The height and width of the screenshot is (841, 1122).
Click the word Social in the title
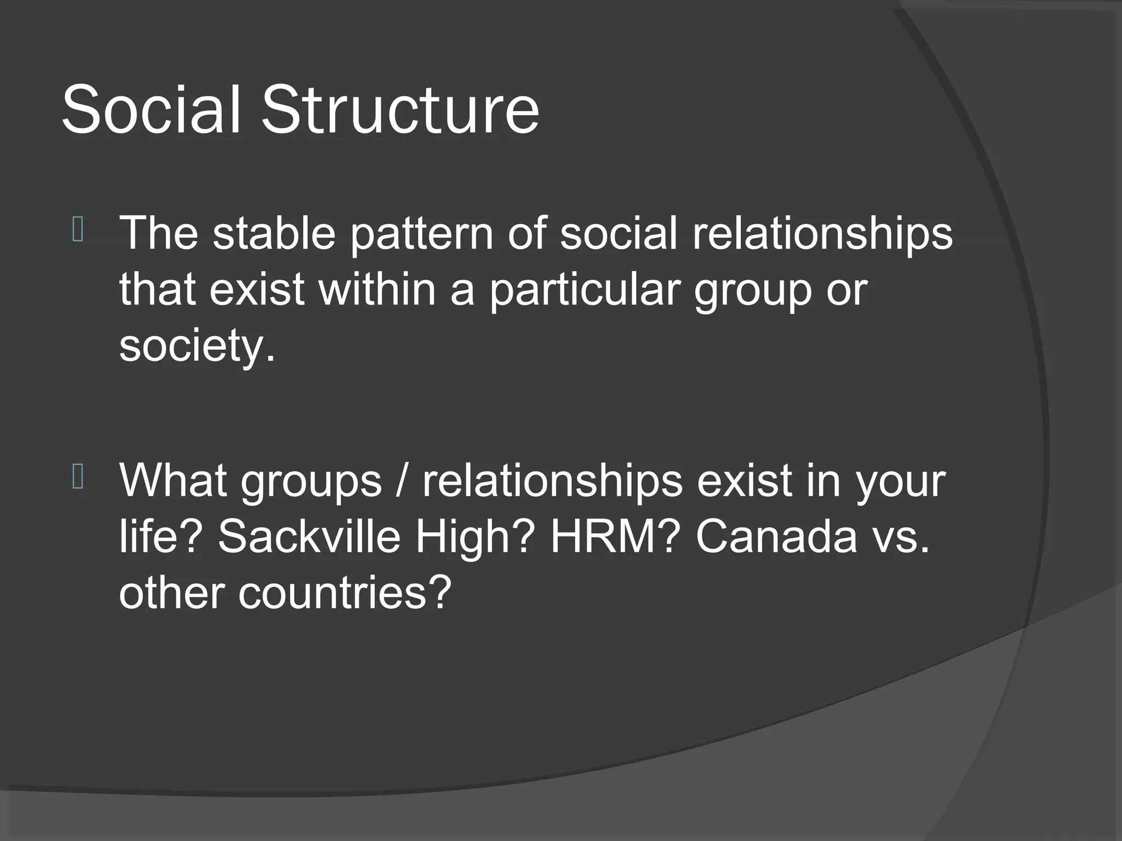click(151, 110)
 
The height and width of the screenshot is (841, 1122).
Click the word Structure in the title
click(400, 110)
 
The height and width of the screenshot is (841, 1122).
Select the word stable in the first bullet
click(273, 233)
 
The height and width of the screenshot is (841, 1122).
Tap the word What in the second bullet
click(173, 481)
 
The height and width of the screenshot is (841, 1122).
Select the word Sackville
click(309, 537)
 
